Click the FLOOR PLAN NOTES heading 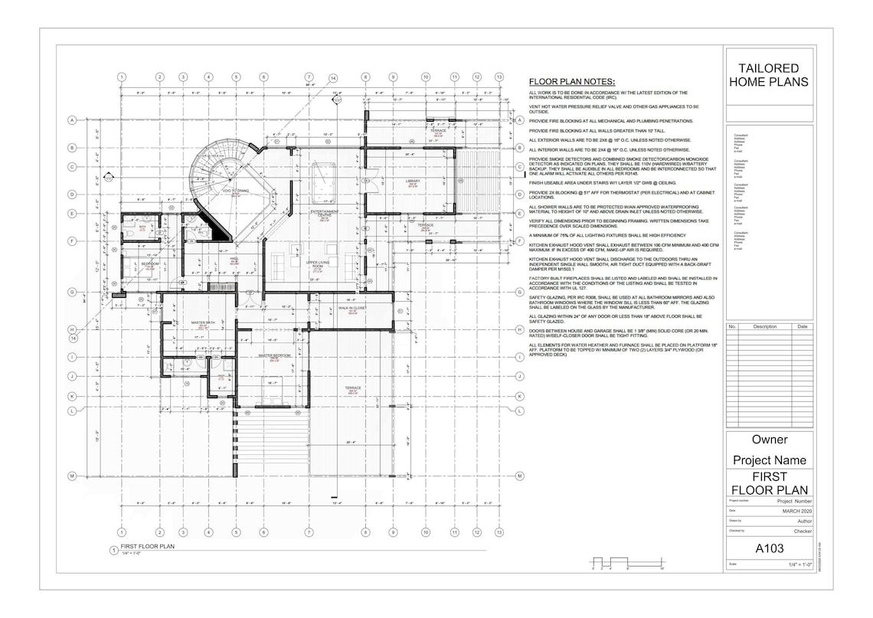pyautogui.click(x=572, y=82)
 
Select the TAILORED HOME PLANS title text pyautogui.click(x=768, y=75)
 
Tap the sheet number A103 pyautogui.click(x=770, y=548)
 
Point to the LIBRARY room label pyautogui.click(x=413, y=181)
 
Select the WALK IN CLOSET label pyautogui.click(x=352, y=308)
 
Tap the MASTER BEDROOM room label pyautogui.click(x=273, y=356)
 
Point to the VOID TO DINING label pyautogui.click(x=236, y=191)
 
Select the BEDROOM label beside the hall pyautogui.click(x=149, y=263)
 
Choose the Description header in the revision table pyautogui.click(x=764, y=326)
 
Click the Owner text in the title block pyautogui.click(x=769, y=440)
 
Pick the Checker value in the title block pyautogui.click(x=802, y=530)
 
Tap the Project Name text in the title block pyautogui.click(x=769, y=460)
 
